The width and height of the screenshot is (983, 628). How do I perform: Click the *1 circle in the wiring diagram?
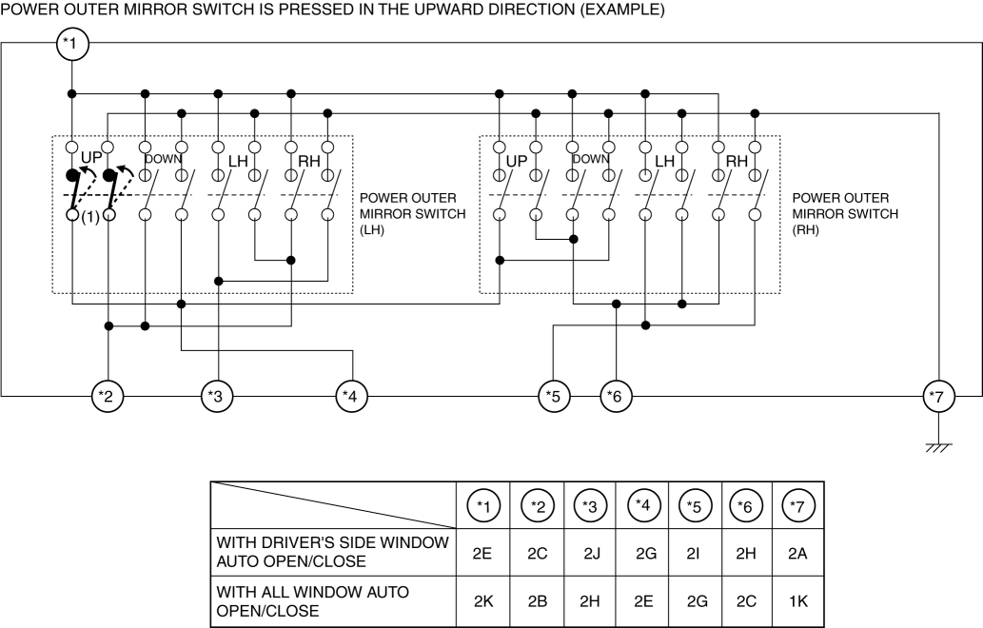pos(71,45)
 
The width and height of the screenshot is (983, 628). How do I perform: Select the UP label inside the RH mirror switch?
pos(516,162)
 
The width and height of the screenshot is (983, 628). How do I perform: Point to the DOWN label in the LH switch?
pos(163,159)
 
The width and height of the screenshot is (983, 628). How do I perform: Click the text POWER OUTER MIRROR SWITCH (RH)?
pos(844,213)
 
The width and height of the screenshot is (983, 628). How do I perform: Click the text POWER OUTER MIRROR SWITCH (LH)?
pos(413,213)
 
